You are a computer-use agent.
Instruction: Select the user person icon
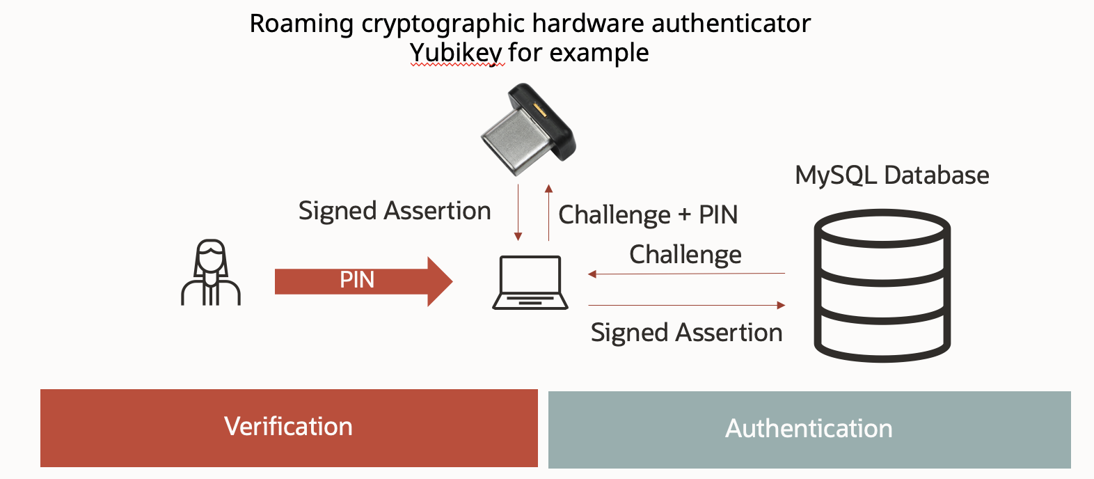211,273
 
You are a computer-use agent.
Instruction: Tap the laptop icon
530,283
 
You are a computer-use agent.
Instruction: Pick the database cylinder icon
882,285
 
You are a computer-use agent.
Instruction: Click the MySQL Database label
891,175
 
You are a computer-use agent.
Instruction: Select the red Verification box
289,427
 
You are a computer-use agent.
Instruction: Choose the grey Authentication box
809,429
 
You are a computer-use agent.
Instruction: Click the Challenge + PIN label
648,214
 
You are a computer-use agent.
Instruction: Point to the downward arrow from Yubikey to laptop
518,212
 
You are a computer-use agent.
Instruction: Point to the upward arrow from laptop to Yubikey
548,212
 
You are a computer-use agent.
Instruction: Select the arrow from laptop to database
687,305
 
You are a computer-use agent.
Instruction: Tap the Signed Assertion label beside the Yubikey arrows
395,210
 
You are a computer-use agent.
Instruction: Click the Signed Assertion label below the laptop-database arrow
686,333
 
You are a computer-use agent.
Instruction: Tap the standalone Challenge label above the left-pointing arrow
685,254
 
